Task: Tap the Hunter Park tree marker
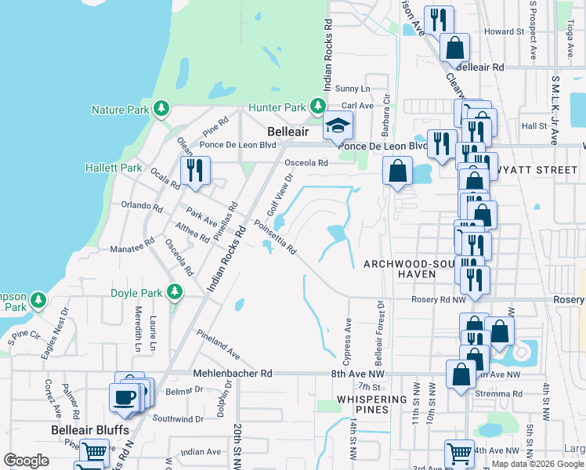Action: [x=317, y=107]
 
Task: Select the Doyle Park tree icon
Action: [x=175, y=293]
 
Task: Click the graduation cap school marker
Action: [x=338, y=125]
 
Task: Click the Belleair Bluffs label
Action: [x=84, y=430]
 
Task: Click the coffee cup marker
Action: [x=125, y=396]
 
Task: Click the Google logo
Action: [x=27, y=461]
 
